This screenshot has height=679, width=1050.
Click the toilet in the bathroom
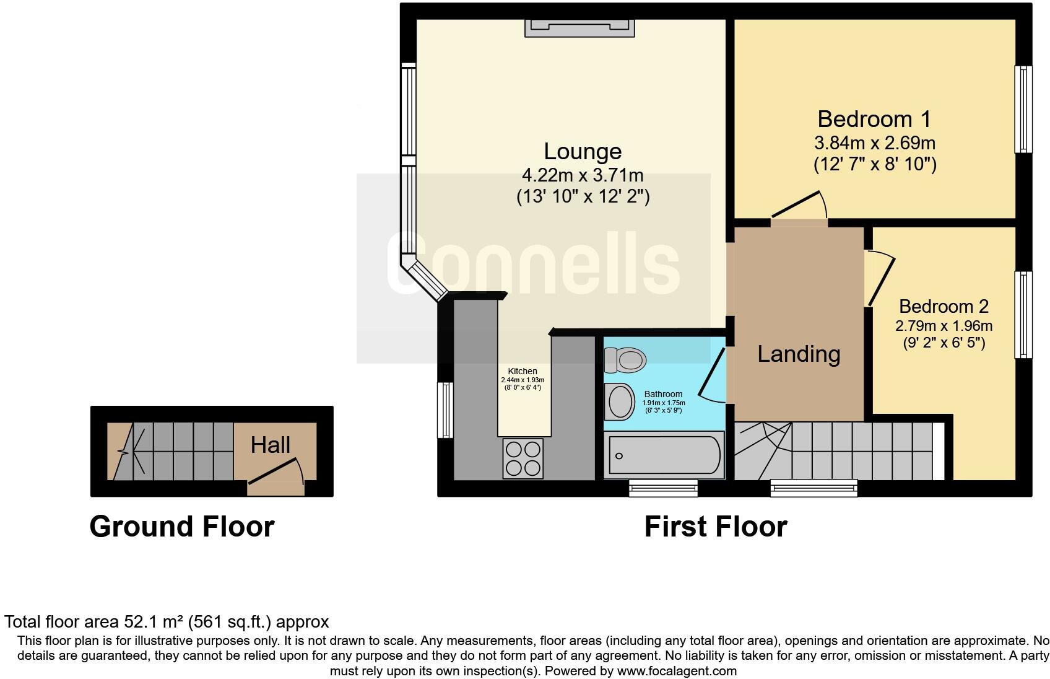625,360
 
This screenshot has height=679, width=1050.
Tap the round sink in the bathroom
620,401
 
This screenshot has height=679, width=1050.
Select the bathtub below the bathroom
664,455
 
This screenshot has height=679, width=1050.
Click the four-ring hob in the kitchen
523,458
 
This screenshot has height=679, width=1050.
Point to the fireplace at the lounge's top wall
579,28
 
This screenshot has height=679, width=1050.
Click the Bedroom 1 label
874,119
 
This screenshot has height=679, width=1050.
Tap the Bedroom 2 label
944,307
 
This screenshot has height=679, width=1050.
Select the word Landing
799,354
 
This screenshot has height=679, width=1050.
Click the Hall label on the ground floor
271,445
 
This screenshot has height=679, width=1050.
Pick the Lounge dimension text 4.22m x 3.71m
583,175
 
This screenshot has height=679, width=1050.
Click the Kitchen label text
523,371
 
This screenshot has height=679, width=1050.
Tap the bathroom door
712,375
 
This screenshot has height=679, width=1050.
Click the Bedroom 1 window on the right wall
1023,109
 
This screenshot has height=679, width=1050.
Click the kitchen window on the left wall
445,410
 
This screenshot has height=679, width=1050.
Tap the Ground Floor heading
182,527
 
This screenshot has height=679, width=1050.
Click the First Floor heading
715,527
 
